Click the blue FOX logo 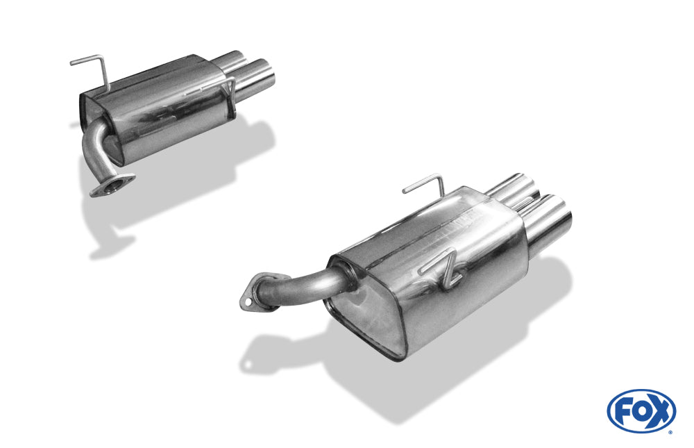tap(641, 410)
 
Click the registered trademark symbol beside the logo tap(670, 431)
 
